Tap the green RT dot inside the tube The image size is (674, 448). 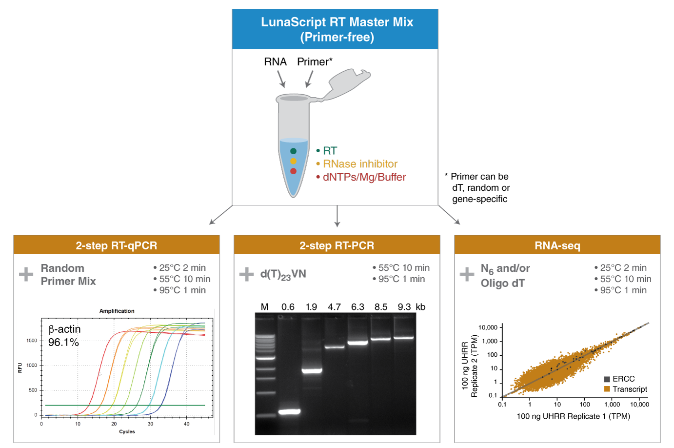[293, 151]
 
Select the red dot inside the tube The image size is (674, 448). [293, 171]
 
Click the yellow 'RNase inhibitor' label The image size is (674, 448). [360, 164]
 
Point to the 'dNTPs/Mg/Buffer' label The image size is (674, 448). [364, 177]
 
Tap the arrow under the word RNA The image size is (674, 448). [281, 79]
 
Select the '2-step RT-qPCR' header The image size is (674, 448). [116, 245]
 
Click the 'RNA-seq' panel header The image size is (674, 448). [557, 245]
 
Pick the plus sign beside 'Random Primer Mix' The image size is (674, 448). [26, 274]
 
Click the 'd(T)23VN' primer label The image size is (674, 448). [283, 274]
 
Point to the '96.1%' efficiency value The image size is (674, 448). [63, 343]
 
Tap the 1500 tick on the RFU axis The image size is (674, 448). [32, 341]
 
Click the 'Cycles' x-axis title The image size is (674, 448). [127, 431]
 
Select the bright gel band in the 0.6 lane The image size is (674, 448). [289, 412]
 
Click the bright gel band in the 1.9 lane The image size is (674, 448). [312, 371]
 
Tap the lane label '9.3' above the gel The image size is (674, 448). [404, 307]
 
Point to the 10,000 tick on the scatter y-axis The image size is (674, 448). [488, 327]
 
